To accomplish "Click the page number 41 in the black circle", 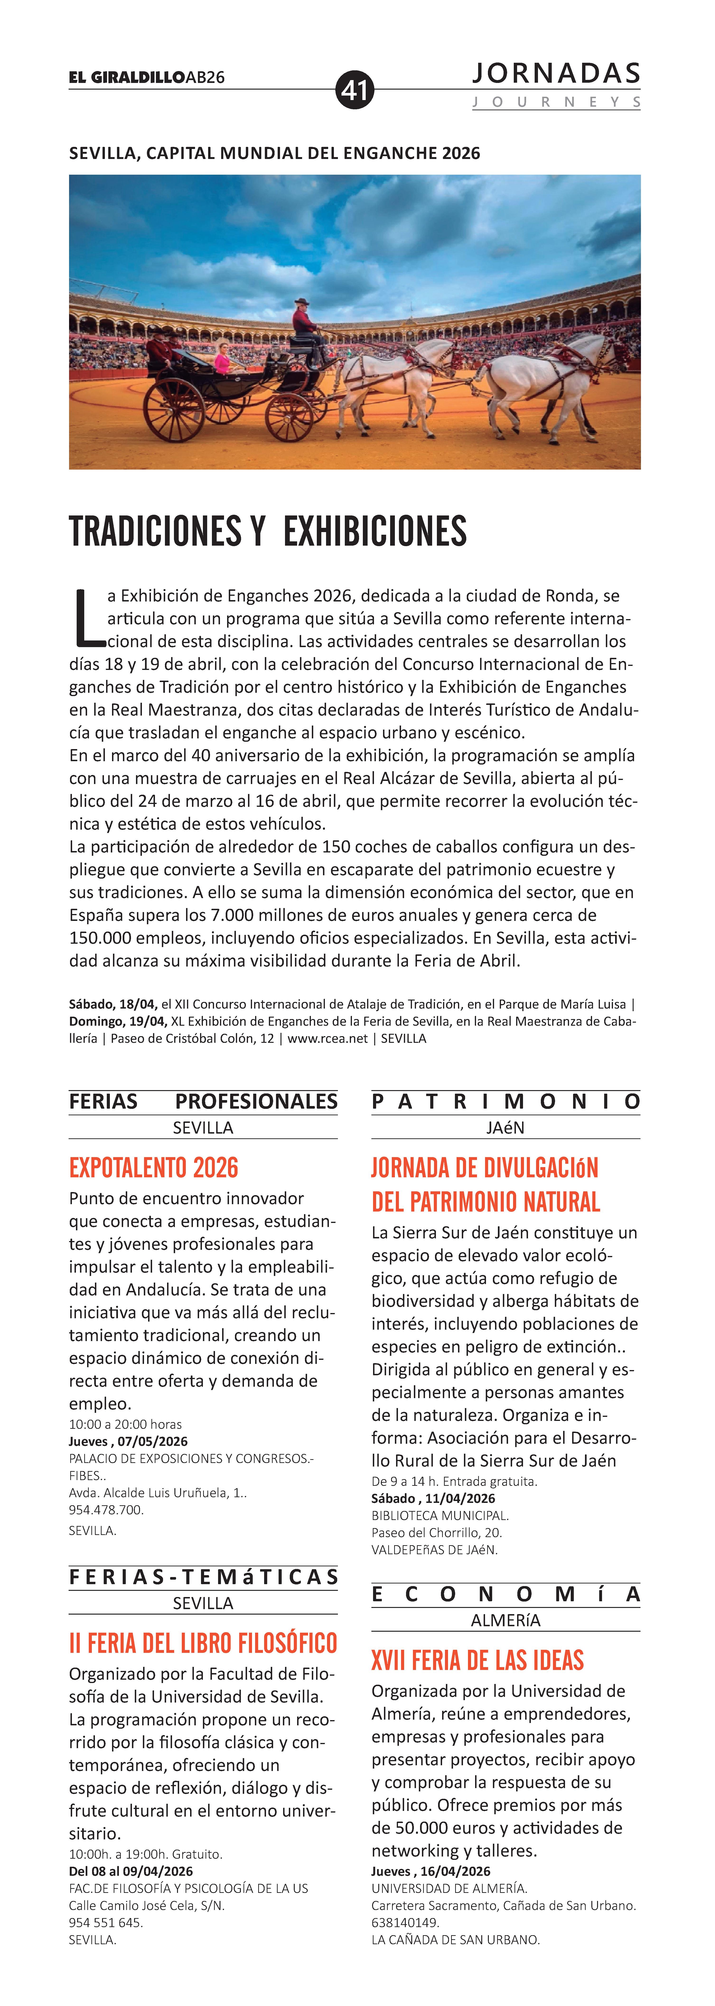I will point(355,90).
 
